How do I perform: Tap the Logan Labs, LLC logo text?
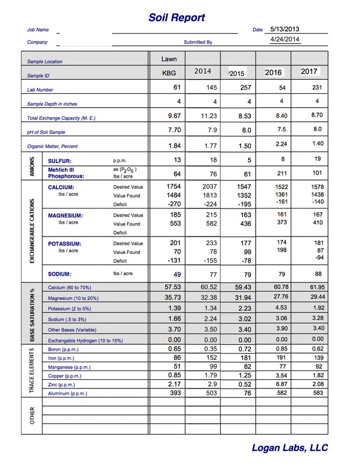click(x=290, y=448)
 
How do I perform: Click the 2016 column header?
click(x=273, y=72)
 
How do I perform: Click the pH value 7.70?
click(x=173, y=130)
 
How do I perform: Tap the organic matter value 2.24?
click(x=273, y=144)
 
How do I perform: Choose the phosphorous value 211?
click(x=273, y=172)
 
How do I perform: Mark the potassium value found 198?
click(x=273, y=250)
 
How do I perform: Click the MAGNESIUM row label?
click(x=65, y=216)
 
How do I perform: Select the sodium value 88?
click(x=308, y=274)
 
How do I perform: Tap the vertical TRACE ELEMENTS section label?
click(x=32, y=372)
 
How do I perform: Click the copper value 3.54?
click(x=273, y=376)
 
